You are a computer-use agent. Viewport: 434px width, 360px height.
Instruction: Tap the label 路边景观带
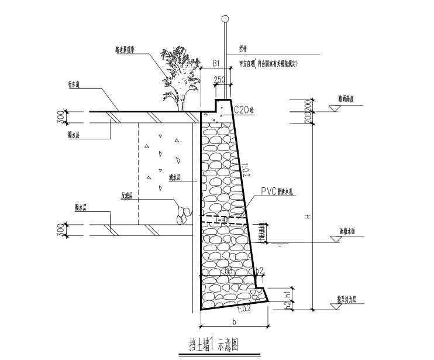pyautogui.click(x=127, y=49)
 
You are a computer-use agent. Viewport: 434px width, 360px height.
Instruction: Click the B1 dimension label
pyautogui.click(x=215, y=63)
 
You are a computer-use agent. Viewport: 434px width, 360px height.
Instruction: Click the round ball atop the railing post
pyautogui.click(x=225, y=20)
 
